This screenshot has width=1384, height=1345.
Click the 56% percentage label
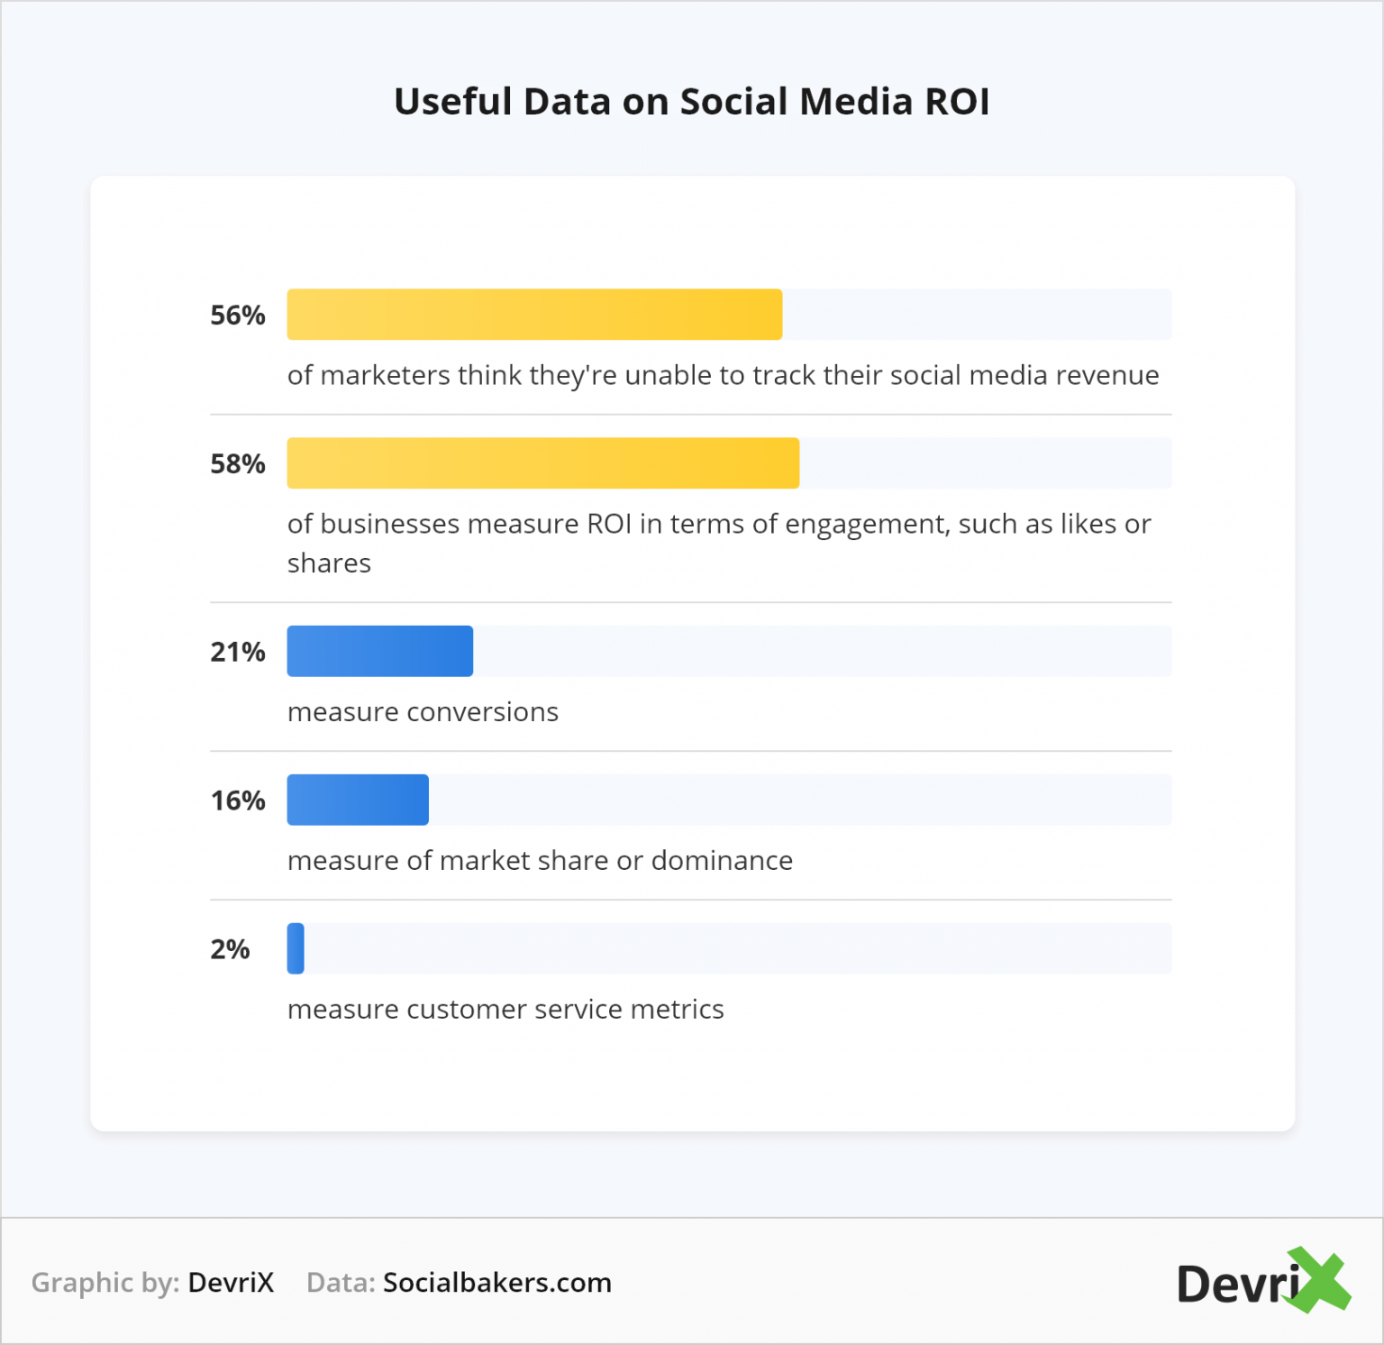(237, 316)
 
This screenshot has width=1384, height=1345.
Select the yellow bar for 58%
(542, 463)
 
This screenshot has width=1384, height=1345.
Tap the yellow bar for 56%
(534, 315)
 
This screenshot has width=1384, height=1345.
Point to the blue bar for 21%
(379, 651)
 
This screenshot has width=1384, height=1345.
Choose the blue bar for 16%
(358, 800)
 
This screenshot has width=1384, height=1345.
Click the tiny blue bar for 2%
(296, 948)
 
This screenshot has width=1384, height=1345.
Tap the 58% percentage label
(237, 464)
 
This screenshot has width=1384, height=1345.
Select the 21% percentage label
(237, 652)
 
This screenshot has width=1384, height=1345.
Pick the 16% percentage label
(237, 801)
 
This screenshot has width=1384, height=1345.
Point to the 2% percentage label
(230, 949)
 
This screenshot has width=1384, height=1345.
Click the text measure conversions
(423, 712)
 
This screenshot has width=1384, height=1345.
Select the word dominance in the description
(722, 861)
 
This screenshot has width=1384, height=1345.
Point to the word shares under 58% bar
(329, 563)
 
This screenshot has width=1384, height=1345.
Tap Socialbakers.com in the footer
(497, 1283)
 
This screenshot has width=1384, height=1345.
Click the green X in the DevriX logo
(1320, 1280)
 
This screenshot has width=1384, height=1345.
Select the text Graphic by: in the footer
(105, 1283)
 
